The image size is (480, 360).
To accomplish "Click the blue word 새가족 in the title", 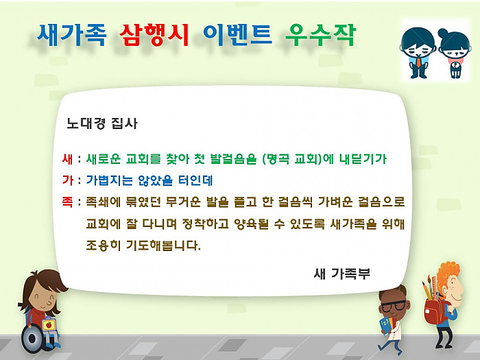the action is pos(71,35).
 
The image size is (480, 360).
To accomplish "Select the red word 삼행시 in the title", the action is pos(154,35).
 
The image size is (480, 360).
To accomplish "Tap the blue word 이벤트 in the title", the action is pos(237,35).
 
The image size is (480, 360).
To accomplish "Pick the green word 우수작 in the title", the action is pos(321,35).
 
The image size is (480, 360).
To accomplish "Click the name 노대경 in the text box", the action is pos(86,123).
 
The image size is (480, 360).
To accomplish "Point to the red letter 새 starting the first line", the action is pos(67,159).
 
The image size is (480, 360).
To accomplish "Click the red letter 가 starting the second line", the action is pos(67,180).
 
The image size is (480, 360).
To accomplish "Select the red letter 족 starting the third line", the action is pos(67,202).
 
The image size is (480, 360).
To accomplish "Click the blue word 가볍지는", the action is pos(109,180).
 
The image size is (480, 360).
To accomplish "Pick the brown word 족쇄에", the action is pos(104,202).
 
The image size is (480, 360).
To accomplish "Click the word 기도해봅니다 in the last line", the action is pos(163,245).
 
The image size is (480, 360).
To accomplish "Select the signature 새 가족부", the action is pos(342,274).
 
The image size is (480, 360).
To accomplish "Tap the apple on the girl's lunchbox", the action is pos(49,324).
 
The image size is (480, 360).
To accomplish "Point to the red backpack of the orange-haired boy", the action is pos(434,311).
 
